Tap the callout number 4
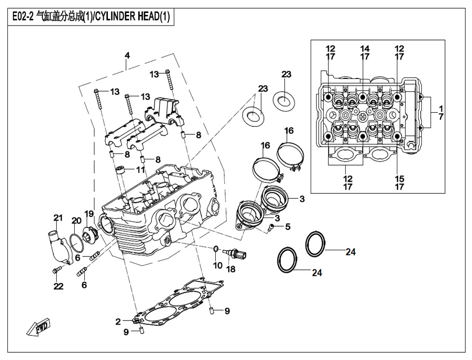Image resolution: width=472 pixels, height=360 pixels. (127, 55)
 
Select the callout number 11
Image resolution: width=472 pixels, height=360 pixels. (140, 169)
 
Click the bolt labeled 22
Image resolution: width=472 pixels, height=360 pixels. (57, 271)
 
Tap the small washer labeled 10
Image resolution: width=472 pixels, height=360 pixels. (216, 249)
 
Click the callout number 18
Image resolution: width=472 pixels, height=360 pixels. (231, 269)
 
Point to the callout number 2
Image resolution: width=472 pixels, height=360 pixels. (118, 322)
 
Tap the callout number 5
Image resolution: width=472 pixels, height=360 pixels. (288, 227)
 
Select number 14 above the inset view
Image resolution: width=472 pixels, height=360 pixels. (365, 49)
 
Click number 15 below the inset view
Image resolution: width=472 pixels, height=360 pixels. (399, 179)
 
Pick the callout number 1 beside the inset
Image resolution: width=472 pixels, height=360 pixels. (441, 108)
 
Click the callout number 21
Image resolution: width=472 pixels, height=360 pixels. (58, 218)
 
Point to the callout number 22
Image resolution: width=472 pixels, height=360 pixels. (58, 287)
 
